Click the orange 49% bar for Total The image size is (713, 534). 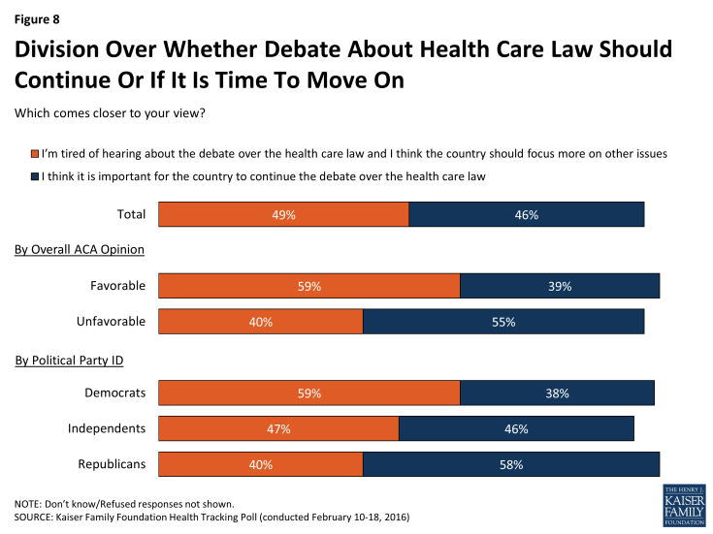(283, 214)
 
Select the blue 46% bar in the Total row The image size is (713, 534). (527, 214)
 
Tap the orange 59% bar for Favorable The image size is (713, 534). (308, 286)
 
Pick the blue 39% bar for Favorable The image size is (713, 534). (560, 286)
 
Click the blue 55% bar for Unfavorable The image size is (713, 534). (502, 322)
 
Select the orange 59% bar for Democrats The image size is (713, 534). (308, 393)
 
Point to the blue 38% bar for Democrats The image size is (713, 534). (557, 393)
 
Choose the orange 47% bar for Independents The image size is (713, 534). (278, 428)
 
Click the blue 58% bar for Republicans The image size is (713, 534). (511, 464)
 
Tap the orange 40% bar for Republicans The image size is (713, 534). (260, 464)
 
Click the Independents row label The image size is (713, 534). (107, 428)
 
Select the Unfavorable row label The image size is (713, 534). (111, 322)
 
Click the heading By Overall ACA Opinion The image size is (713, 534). (80, 250)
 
